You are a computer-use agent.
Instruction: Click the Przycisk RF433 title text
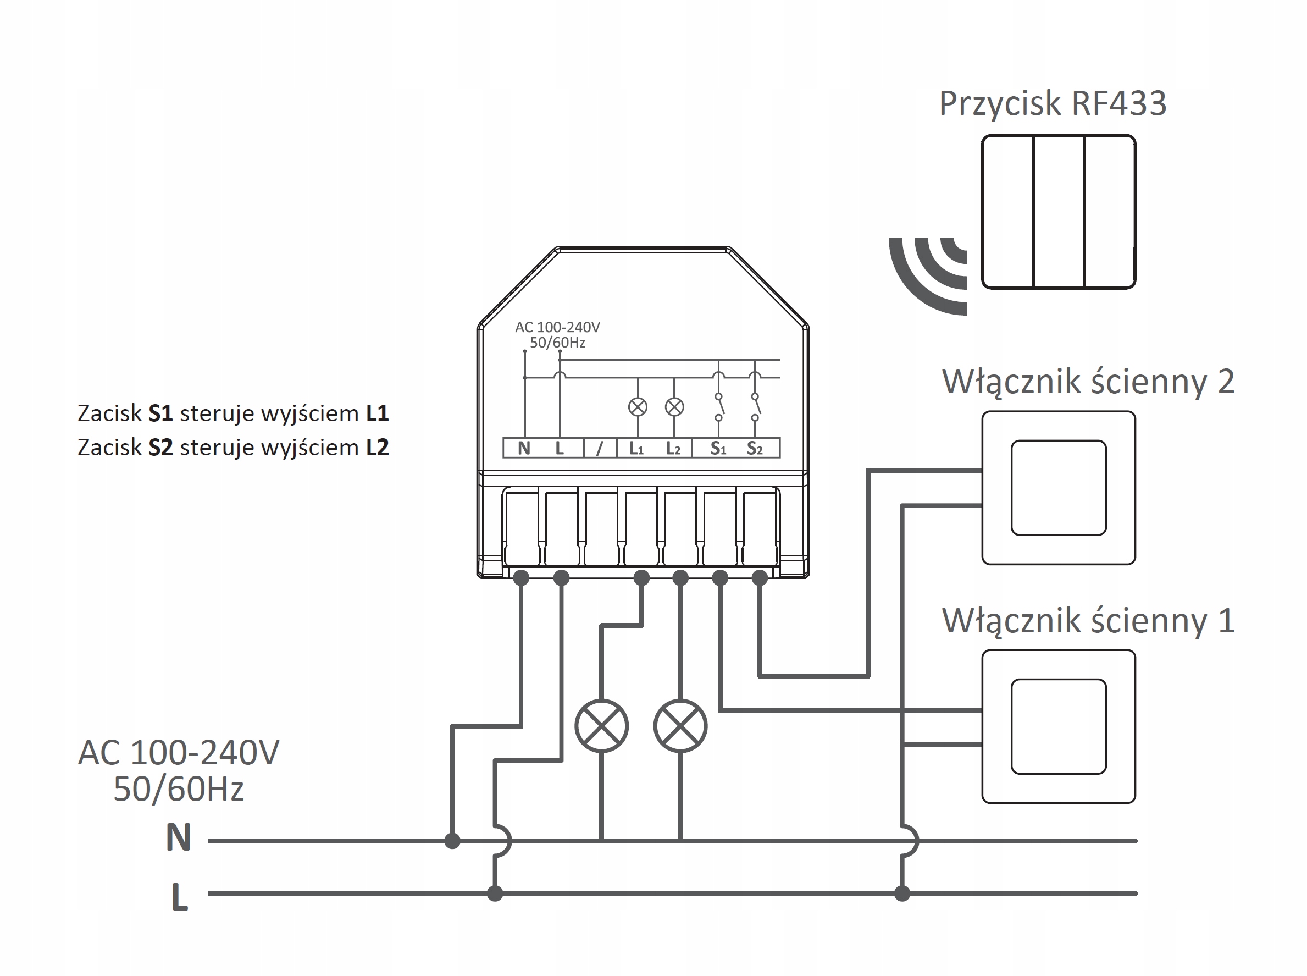(1053, 104)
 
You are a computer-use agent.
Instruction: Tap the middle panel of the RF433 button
(1059, 212)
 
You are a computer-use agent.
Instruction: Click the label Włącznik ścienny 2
(1088, 382)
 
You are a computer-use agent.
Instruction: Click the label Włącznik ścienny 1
(1088, 621)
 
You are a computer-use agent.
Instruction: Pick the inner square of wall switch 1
(1059, 727)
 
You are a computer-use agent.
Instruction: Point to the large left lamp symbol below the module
(601, 725)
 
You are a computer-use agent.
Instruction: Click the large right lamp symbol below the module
(680, 725)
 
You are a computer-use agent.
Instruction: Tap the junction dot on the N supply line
(452, 841)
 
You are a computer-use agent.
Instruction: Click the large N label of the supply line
(179, 838)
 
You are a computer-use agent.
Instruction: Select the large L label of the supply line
(180, 897)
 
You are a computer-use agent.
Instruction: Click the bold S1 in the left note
(160, 413)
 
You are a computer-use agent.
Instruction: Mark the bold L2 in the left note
(378, 448)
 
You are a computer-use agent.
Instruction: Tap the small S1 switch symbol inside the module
(719, 406)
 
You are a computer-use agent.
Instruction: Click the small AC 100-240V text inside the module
(557, 327)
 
